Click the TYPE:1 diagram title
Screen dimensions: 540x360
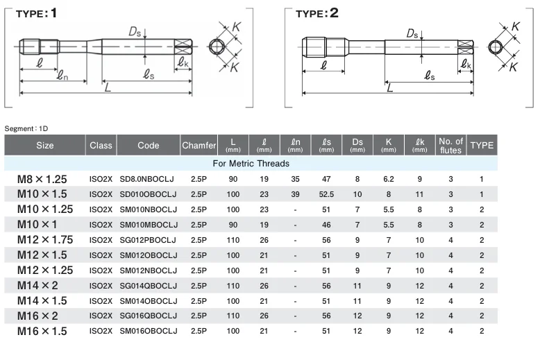[36, 13]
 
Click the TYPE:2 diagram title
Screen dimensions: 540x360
[317, 13]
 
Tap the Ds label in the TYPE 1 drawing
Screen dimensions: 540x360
[135, 32]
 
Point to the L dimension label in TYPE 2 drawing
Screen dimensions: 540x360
[389, 88]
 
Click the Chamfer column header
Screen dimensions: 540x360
[199, 145]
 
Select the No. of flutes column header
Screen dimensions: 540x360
[450, 146]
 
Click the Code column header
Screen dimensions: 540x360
[148, 145]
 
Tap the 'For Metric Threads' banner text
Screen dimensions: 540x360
[251, 164]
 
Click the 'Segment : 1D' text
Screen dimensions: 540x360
[26, 129]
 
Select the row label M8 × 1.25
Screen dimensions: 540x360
[42, 179]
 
